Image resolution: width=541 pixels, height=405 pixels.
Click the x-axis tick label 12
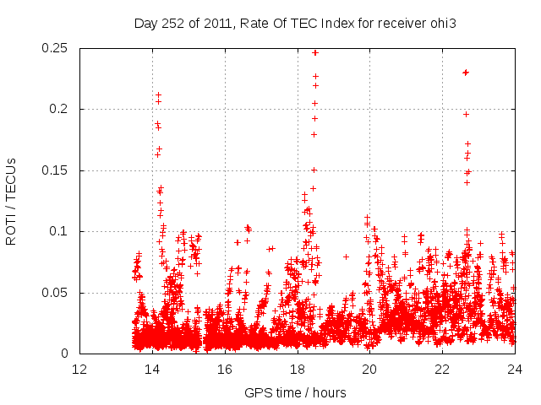coord(79,370)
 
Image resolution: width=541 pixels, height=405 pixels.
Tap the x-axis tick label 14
coord(152,370)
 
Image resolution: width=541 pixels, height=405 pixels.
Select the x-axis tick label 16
coord(225,370)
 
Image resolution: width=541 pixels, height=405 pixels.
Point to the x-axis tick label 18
coord(298,370)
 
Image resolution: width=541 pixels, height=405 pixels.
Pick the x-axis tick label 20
coord(369,370)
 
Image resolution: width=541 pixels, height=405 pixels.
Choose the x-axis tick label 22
coord(442,370)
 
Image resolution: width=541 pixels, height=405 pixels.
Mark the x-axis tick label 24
coord(515,370)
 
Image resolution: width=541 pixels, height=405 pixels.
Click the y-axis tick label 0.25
coord(55,48)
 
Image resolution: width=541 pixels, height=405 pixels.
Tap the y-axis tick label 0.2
coord(59,110)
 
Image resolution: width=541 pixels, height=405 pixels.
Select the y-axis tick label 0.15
coord(55,170)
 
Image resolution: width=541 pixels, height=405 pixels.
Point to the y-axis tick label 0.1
coord(59,232)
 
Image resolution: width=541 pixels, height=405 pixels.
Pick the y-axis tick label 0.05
coord(55,293)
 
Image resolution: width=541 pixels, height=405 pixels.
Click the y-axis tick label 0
coord(66,354)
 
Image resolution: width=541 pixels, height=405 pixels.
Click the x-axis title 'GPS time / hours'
coord(295,392)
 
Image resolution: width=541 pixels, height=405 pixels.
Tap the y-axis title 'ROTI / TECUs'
coord(11,201)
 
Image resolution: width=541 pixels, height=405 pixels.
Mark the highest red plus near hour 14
coord(158,95)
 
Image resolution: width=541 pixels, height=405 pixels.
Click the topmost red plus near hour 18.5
coord(315,52)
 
